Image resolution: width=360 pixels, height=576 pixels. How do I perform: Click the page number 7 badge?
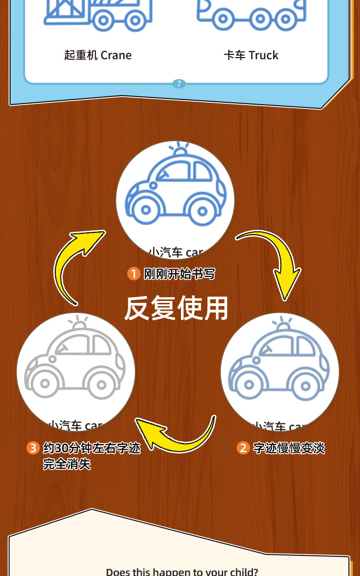[179, 84]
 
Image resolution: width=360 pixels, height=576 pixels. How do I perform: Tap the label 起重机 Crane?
[98, 55]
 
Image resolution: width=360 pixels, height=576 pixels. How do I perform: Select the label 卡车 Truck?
[251, 55]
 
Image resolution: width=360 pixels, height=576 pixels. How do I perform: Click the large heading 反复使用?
[176, 308]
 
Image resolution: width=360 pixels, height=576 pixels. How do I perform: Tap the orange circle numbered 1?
[133, 274]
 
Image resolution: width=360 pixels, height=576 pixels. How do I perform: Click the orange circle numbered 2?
[243, 448]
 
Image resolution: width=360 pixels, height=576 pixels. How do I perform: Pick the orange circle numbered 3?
[33, 448]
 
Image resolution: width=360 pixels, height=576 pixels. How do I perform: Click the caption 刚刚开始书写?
[180, 274]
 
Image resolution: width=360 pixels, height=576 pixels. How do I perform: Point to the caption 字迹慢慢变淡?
[289, 448]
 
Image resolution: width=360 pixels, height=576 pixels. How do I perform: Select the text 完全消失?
[67, 464]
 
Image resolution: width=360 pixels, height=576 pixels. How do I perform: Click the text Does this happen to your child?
[182, 572]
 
